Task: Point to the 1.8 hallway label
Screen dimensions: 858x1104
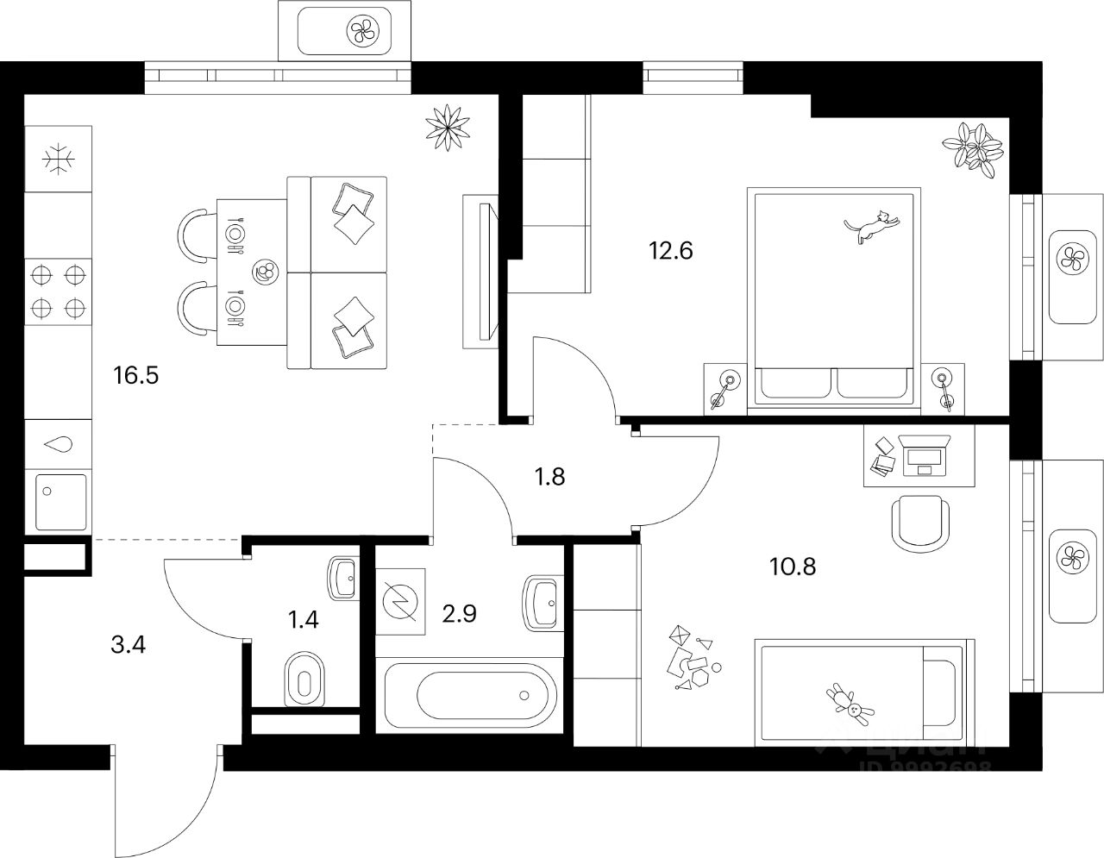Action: point(549,476)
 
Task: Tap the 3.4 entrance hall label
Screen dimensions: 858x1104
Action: point(129,643)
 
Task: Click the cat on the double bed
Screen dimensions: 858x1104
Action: point(873,226)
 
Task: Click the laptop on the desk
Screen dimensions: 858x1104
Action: point(924,454)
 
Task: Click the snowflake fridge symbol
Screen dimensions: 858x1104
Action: point(59,159)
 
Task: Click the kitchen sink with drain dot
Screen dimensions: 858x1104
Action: point(60,502)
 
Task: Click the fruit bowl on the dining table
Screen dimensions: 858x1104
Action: point(266,273)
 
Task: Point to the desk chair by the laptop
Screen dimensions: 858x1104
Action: point(921,522)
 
